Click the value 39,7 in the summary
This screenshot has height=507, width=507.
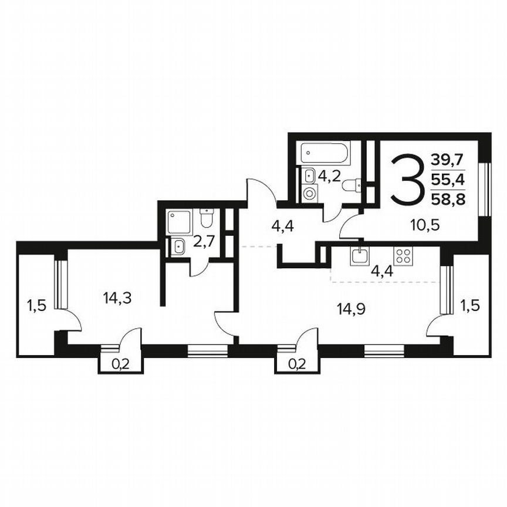coord(447,159)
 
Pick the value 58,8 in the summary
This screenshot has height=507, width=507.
coord(447,198)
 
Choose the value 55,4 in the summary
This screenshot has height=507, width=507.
coord(447,179)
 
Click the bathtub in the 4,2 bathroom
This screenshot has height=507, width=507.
coord(324,154)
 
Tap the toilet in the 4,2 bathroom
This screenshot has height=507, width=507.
coord(351,186)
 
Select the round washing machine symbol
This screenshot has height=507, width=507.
coord(309,192)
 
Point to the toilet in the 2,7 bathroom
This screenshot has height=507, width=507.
coord(206,218)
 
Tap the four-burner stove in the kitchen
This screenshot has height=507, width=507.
coord(403,255)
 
